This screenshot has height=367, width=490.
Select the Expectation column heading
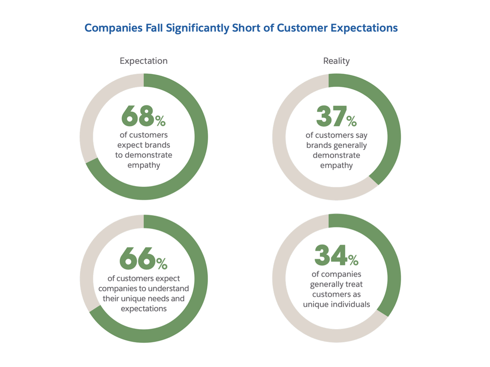click(x=144, y=61)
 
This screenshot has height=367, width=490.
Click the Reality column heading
click(x=336, y=61)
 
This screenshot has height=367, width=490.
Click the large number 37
click(x=331, y=116)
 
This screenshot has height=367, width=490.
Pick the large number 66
click(x=137, y=259)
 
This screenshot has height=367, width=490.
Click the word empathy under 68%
click(x=144, y=165)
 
